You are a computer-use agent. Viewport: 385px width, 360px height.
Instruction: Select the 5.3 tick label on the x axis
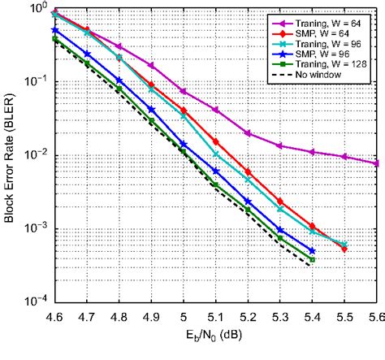click(280, 312)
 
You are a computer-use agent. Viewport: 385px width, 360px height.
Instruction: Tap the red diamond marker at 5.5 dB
click(344, 249)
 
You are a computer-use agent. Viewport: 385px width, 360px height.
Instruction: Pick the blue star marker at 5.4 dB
click(312, 251)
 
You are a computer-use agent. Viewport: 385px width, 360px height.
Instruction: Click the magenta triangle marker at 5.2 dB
click(248, 133)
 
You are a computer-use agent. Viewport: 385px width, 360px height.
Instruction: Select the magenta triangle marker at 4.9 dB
click(151, 65)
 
